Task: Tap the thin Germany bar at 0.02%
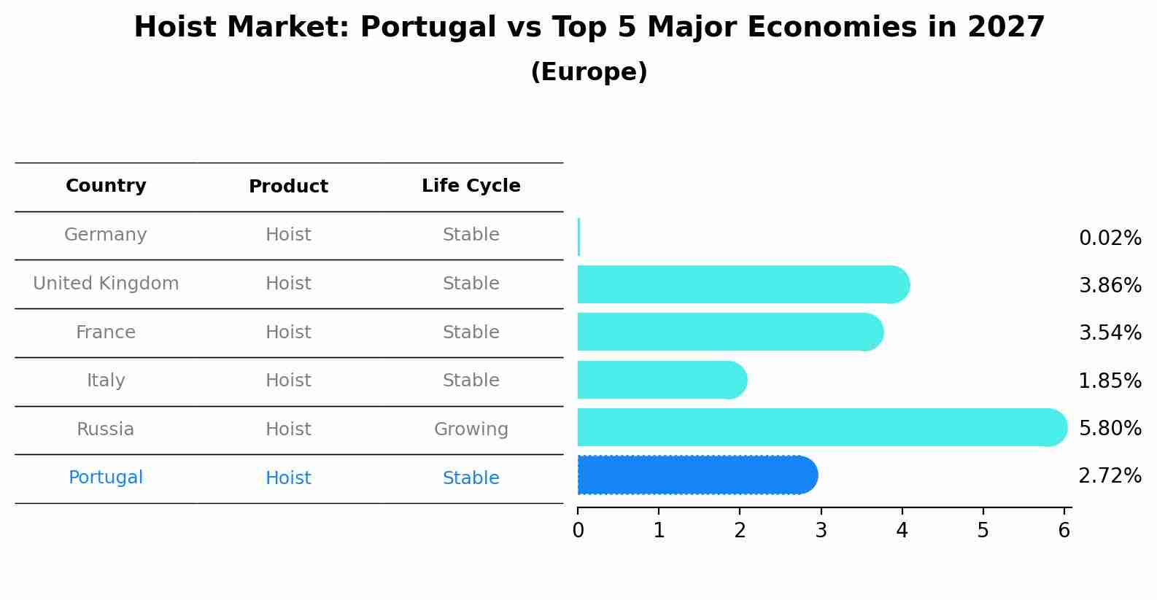(x=578, y=237)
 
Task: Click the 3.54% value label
(x=1110, y=333)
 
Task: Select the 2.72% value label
(x=1110, y=476)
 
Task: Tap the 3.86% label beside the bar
(x=1110, y=286)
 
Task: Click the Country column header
(x=106, y=186)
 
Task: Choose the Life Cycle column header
(x=471, y=186)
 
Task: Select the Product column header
(x=288, y=187)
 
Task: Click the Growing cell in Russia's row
(x=471, y=429)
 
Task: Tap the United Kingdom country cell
(x=106, y=284)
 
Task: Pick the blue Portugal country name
(x=106, y=478)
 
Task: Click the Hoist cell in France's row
(x=288, y=332)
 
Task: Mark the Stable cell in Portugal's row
(x=471, y=478)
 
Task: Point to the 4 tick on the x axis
(x=902, y=530)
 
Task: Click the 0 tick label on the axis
(x=578, y=530)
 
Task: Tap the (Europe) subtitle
(x=589, y=72)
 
